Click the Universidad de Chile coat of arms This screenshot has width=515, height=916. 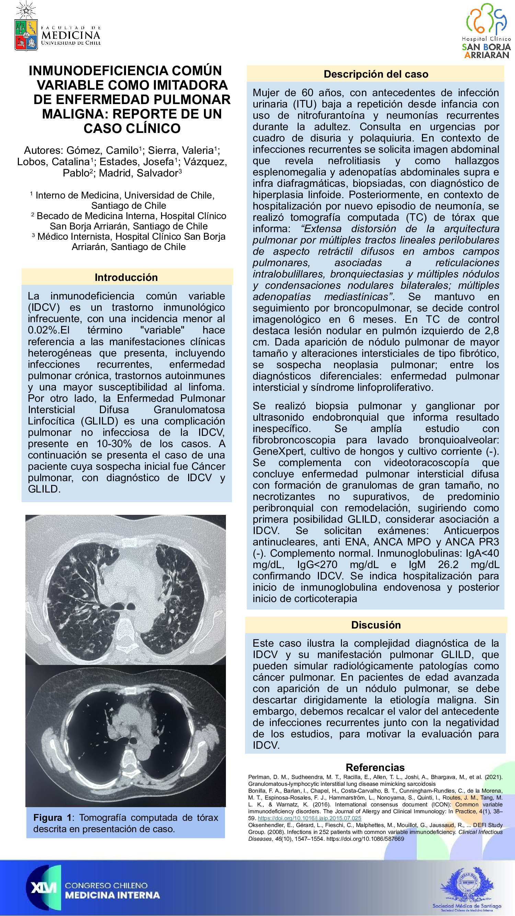point(26,34)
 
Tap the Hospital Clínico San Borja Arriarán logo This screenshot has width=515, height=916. point(487,31)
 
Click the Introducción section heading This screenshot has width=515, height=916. point(126,278)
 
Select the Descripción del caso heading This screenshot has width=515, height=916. point(376,74)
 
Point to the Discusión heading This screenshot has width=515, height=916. point(376,625)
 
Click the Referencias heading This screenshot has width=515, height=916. point(375,767)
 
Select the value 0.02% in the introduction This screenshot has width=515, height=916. point(43,330)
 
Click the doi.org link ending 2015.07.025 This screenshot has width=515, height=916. point(309,818)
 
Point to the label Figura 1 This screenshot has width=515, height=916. point(53,818)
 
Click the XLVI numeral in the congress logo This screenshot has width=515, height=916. point(43,888)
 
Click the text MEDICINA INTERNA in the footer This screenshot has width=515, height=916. point(112,895)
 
